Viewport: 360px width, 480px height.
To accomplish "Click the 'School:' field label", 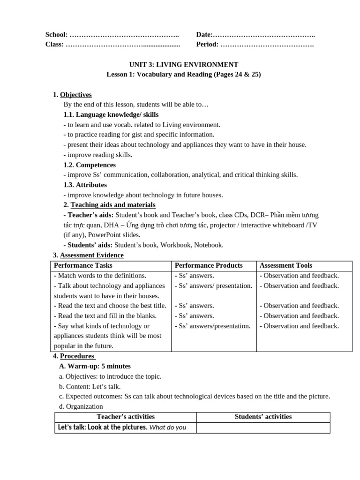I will coord(57,35).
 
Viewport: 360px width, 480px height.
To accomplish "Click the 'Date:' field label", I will coord(204,35).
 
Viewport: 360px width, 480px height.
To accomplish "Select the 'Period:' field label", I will coord(207,45).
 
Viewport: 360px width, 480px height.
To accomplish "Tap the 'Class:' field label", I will coord(54,45).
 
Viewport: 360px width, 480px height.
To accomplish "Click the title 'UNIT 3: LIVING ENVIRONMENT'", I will coord(183,65).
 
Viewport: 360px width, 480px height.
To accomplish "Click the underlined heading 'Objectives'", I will coord(76,95).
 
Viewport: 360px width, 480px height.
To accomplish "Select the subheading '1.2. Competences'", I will coord(90,165).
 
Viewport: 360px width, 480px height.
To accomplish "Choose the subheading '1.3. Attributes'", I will coord(85,185).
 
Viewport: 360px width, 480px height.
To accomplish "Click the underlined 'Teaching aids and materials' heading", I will coord(113,205).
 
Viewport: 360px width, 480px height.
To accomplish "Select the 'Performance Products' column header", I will coord(209,265).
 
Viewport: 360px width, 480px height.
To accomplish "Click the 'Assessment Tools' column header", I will coord(285,265).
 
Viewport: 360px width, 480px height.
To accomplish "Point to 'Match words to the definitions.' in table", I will coord(102,276).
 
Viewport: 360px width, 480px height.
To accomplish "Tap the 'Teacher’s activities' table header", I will coord(126,417).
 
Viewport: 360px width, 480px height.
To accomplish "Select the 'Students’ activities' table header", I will coord(263,417).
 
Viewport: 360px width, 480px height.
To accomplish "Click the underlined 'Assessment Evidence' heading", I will coord(92,255).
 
